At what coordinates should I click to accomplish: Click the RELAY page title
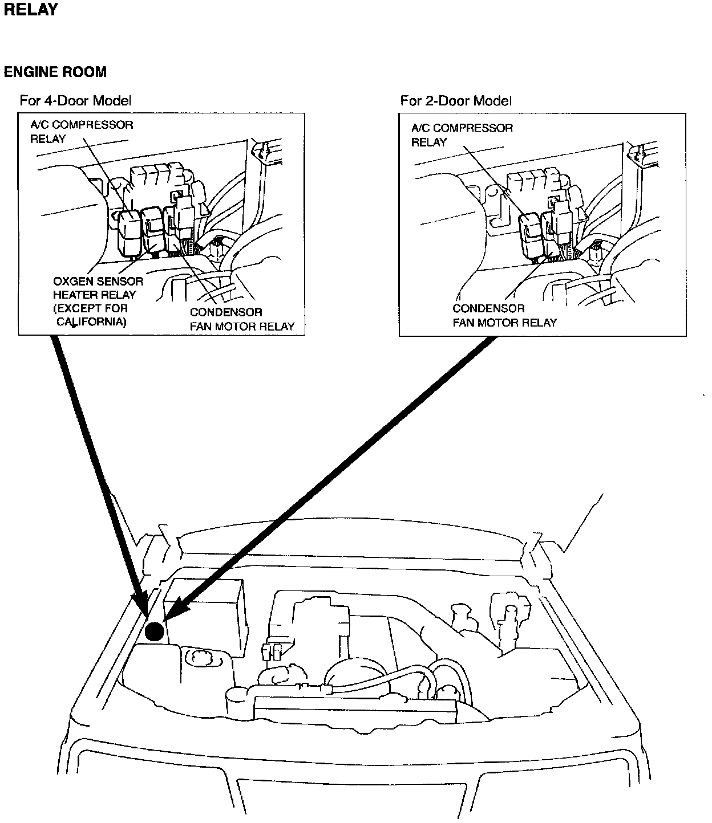31,10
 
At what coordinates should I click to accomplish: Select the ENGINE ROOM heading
55,72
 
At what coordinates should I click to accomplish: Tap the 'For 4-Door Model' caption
75,101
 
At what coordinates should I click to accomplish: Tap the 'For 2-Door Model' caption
456,101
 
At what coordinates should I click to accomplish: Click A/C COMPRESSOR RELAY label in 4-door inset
81,132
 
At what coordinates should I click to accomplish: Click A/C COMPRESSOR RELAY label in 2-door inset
462,135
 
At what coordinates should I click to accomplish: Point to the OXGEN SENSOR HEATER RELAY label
98,288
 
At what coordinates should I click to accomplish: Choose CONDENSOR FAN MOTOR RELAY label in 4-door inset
242,319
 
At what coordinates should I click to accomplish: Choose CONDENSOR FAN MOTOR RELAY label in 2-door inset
504,316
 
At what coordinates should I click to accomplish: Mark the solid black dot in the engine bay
154,631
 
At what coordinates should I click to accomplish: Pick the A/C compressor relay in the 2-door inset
531,234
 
